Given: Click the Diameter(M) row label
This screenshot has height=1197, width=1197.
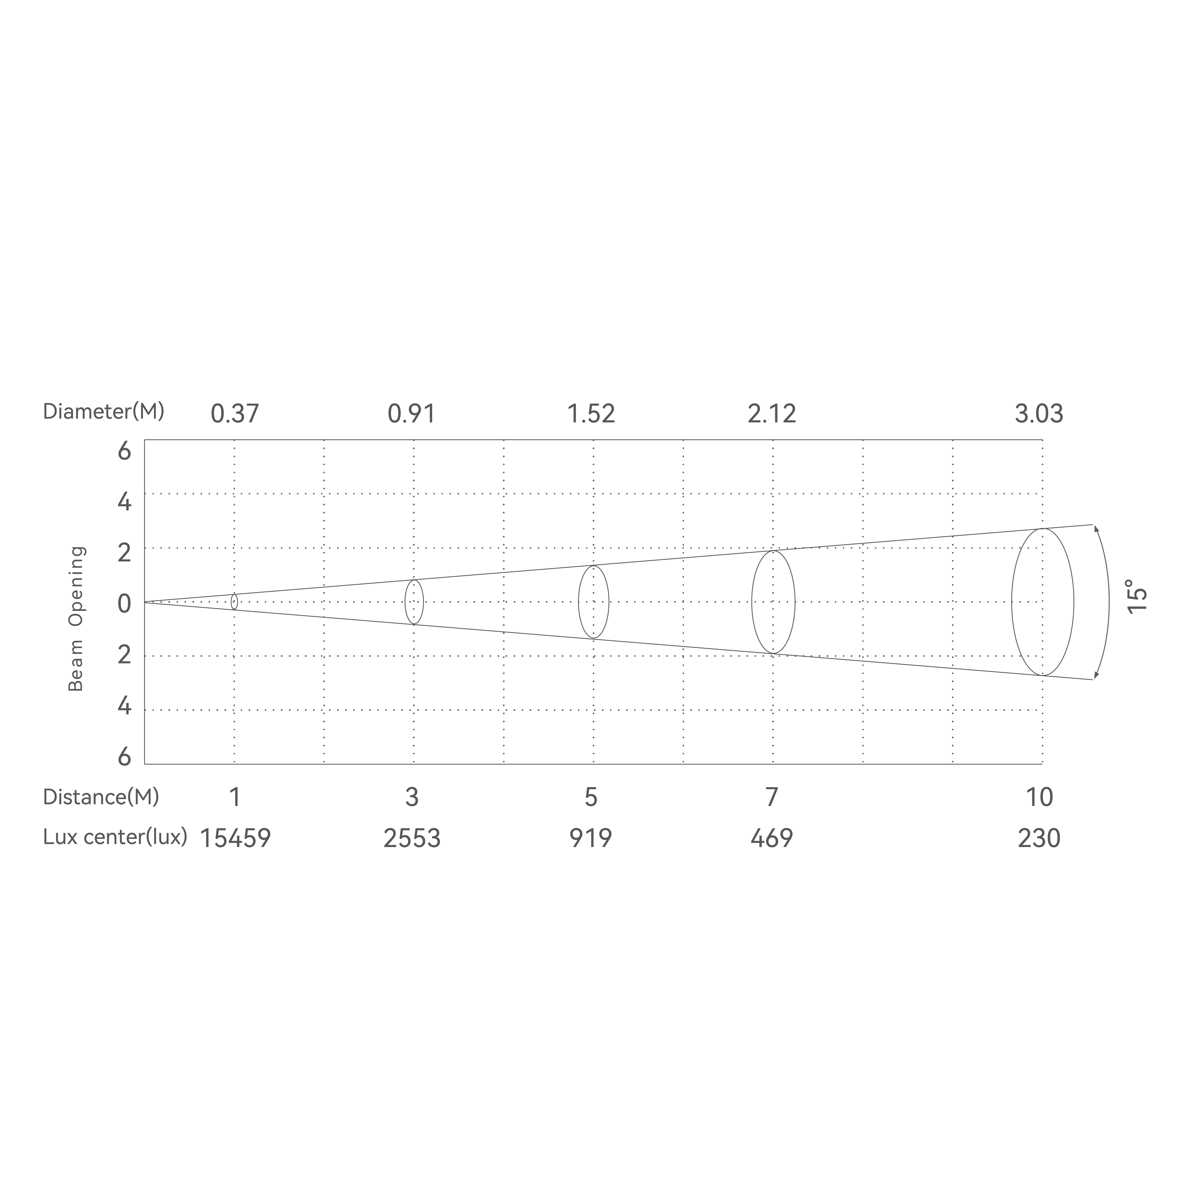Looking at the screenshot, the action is pyautogui.click(x=103, y=411).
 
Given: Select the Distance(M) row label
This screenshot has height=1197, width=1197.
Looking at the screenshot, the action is pyautogui.click(x=101, y=797).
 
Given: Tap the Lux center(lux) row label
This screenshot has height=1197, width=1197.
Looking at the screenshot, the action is pyautogui.click(x=115, y=838).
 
